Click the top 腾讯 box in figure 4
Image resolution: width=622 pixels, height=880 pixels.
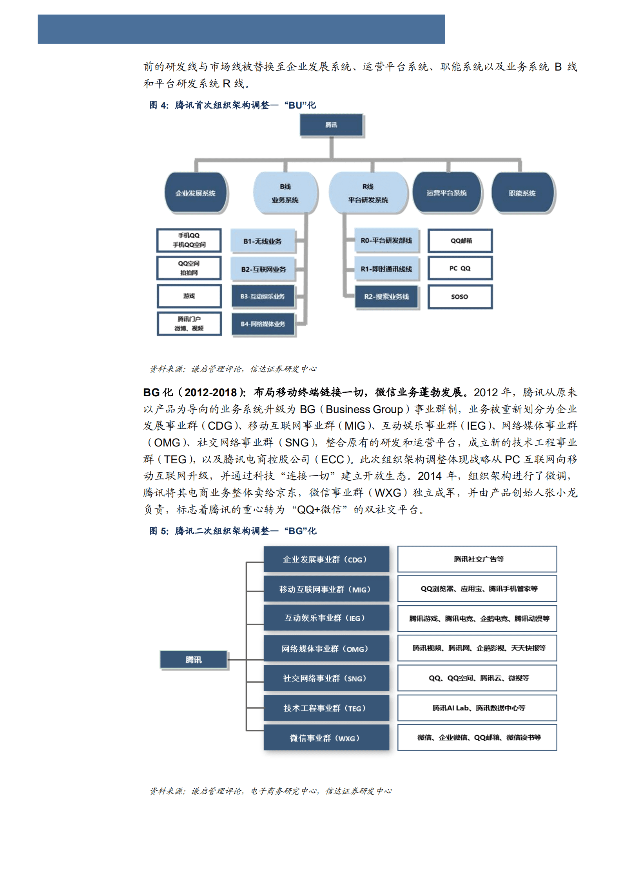pos(331,125)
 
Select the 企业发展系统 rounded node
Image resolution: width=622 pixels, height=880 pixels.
pos(196,193)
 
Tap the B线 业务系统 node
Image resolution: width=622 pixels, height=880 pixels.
pos(285,193)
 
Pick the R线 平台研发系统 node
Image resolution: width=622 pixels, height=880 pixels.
pos(368,193)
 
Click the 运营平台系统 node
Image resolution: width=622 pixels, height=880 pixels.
pos(447,192)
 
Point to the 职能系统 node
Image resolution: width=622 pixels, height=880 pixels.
pos(522,193)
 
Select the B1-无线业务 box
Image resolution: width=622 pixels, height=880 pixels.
pos(262,241)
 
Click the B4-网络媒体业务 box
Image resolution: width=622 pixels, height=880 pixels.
pos(263,324)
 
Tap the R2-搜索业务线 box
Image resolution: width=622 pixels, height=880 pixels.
pos(386,297)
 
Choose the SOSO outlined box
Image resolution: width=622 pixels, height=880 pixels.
pos(460,297)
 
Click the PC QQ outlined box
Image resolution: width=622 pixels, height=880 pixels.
pos(460,269)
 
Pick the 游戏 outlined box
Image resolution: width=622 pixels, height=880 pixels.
pos(189,296)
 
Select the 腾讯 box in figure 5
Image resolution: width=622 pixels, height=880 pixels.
pos(194,660)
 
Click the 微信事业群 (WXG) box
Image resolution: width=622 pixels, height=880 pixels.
pos(326,738)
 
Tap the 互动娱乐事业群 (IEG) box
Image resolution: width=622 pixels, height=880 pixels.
pos(326,618)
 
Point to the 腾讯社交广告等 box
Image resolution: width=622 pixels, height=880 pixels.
pos(477,559)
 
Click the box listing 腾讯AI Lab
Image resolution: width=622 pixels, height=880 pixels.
pos(477,708)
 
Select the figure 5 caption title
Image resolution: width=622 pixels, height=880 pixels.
pos(233,531)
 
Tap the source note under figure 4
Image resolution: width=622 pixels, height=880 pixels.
pos(233,369)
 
